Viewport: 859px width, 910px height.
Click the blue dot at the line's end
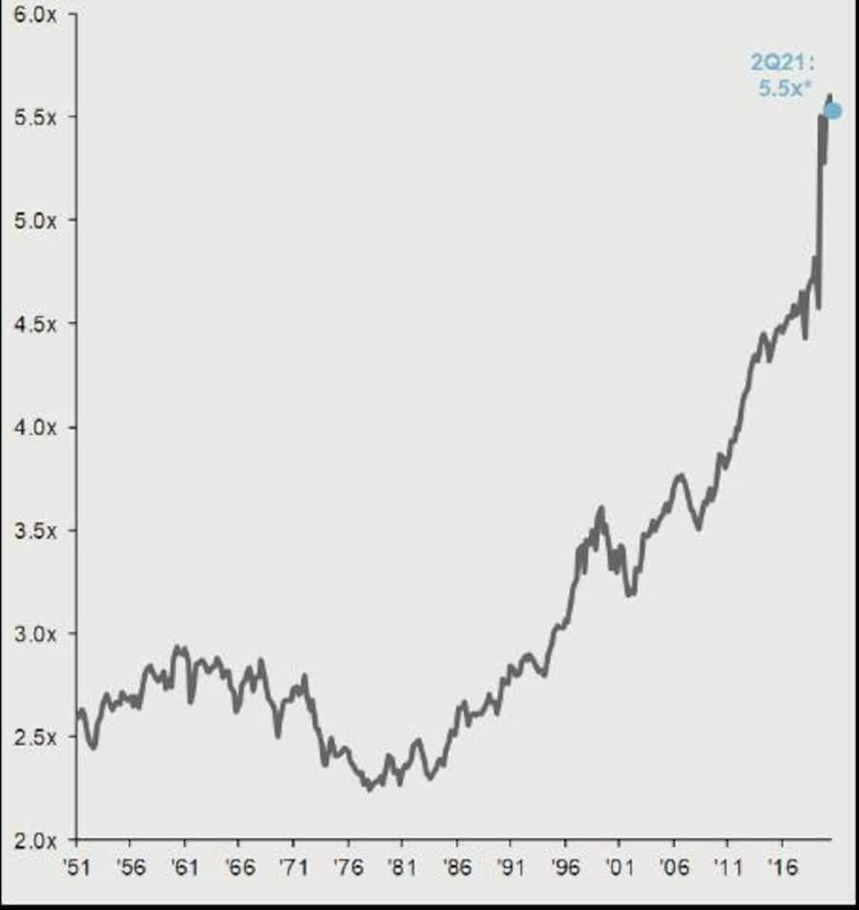coord(832,111)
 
